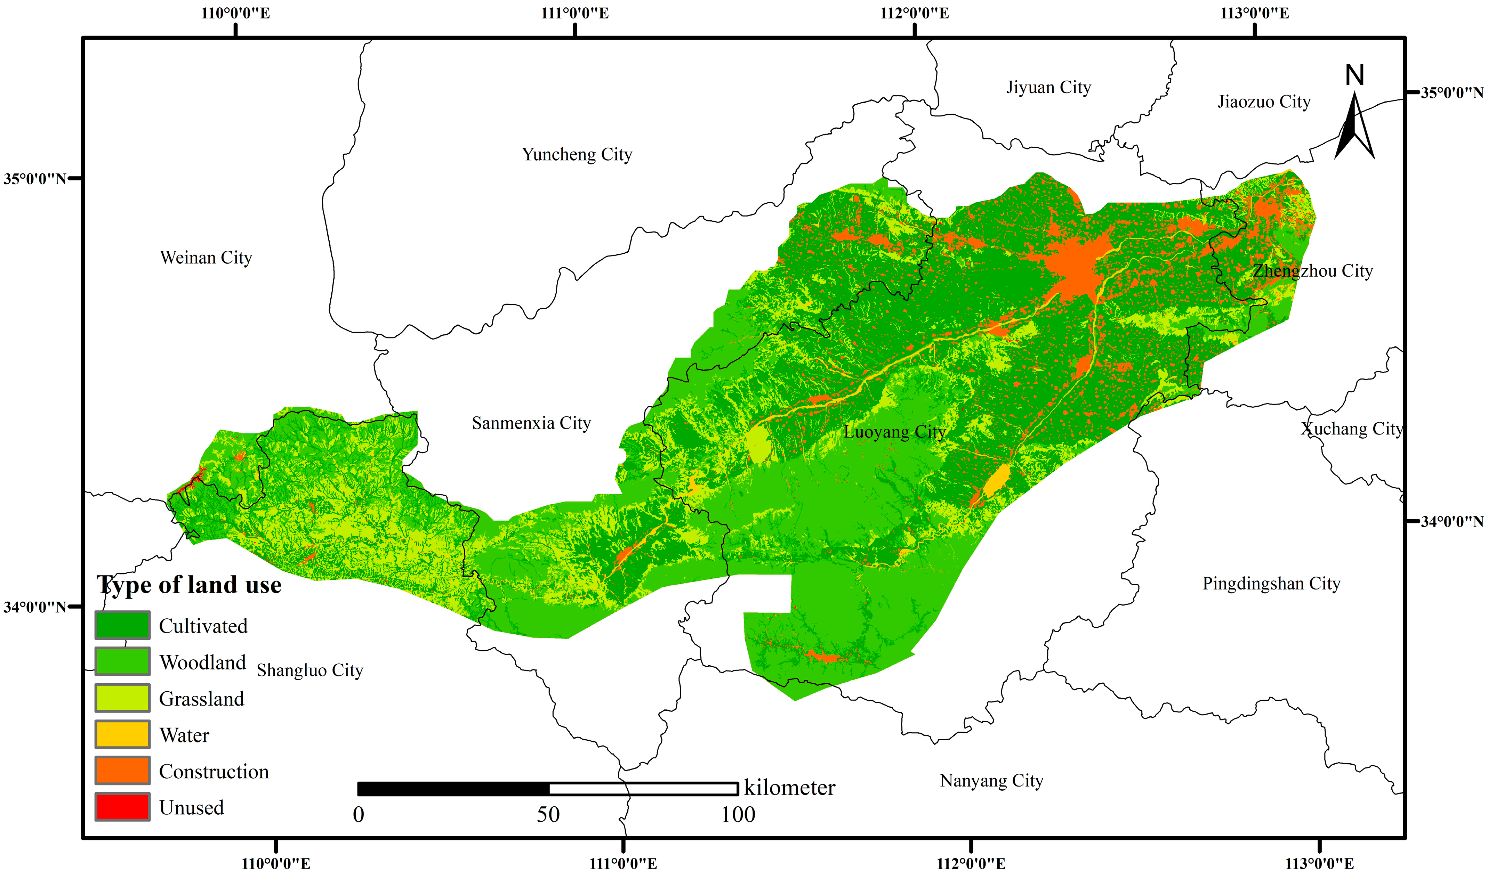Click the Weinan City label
click(x=206, y=258)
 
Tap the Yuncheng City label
click(x=577, y=155)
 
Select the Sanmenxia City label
click(x=531, y=423)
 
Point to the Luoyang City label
click(x=894, y=432)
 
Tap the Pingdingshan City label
click(x=1271, y=584)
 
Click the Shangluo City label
click(x=309, y=670)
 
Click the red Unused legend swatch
click(x=122, y=807)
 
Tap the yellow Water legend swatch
click(x=122, y=734)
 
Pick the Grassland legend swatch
click(x=122, y=698)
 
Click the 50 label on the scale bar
click(x=548, y=815)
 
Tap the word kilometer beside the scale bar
click(x=789, y=788)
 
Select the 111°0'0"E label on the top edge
click(x=575, y=13)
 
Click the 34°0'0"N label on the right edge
click(x=1451, y=522)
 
